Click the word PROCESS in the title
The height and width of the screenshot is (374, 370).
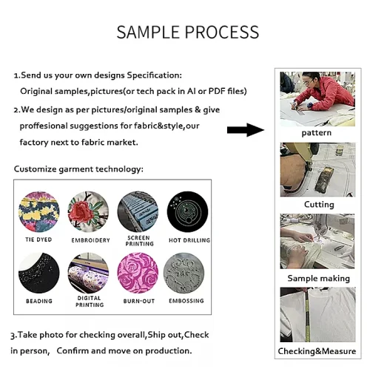[x=222, y=33]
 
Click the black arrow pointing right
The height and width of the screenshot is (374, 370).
[x=246, y=130]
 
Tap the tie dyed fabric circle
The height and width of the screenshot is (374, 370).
[x=39, y=212]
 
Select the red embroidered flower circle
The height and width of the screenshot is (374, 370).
[x=88, y=212]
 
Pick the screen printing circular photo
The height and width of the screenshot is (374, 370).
[x=138, y=212]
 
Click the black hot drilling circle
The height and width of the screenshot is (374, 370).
[x=187, y=212]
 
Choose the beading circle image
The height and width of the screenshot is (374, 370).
[x=39, y=273]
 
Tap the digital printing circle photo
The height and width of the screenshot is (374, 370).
[x=88, y=273]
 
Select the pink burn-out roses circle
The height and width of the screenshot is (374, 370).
[x=138, y=273]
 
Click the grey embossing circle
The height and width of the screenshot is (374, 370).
[x=184, y=273]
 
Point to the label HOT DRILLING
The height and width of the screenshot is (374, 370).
[x=189, y=240]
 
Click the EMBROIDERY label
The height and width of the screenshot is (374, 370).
[x=90, y=240]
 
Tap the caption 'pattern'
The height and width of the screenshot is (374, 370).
[x=317, y=133]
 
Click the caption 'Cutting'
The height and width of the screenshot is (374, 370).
[x=319, y=204]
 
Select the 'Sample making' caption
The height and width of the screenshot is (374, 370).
[x=319, y=279]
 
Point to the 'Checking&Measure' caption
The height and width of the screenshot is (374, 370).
[x=317, y=351]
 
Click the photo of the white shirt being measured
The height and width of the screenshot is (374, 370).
[x=317, y=315]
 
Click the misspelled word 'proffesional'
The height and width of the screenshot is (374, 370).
[x=44, y=126]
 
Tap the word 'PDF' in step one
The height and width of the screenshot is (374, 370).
[x=217, y=91]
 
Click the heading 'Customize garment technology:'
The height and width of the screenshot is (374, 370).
[x=78, y=169]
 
